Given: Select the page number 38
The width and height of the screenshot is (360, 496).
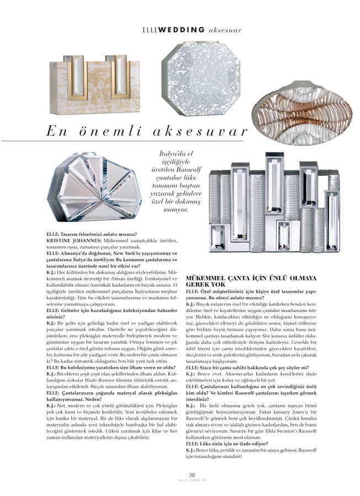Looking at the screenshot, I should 192,475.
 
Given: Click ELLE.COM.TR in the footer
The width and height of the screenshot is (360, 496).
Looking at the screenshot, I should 192,481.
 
